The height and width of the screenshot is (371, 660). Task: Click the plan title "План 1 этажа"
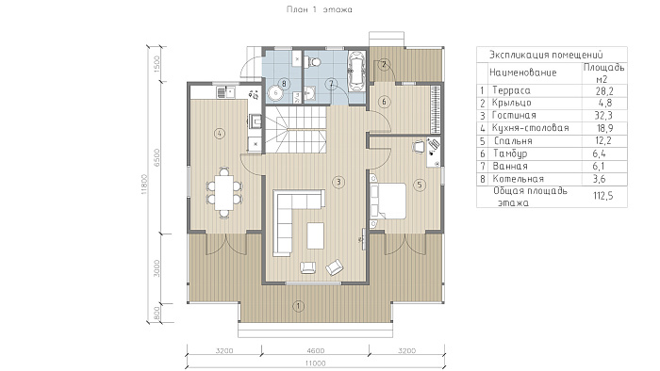tap(319, 9)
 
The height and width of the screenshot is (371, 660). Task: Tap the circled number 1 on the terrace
tap(299, 306)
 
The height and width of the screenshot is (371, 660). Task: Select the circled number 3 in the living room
tap(338, 182)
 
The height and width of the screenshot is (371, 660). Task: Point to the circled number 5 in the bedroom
tap(419, 185)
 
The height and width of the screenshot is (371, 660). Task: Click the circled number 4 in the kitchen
tap(219, 134)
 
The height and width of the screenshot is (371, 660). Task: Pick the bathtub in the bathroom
tap(357, 71)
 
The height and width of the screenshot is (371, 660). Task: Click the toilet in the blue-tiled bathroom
tap(312, 62)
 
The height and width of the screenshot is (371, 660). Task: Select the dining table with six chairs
tap(224, 192)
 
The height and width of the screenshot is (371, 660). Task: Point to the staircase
tap(295, 129)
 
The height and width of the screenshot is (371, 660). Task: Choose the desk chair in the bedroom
tap(419, 146)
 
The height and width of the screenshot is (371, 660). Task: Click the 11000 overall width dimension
tap(315, 363)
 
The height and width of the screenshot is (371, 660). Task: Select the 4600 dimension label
tap(315, 350)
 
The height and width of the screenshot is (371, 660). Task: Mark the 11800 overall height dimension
tap(144, 184)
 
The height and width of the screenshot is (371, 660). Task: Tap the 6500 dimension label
tap(157, 157)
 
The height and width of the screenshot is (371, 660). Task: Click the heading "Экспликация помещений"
tap(546, 55)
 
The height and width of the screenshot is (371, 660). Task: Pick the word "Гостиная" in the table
tap(514, 116)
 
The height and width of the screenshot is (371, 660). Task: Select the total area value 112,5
tap(602, 196)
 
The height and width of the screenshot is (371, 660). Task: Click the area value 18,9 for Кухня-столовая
tap(604, 128)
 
